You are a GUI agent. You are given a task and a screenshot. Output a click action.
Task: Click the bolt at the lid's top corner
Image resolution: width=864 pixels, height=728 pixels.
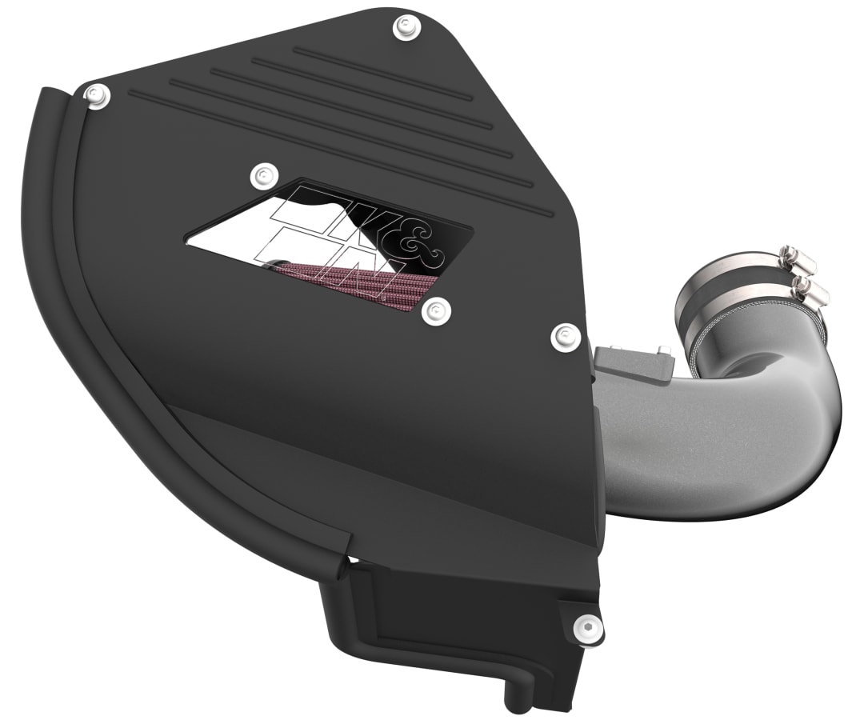pos(403,28)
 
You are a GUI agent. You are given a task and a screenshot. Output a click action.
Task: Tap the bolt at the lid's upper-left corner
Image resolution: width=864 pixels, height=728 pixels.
pos(98,94)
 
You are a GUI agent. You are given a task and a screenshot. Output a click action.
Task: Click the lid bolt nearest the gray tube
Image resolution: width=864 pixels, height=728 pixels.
pos(565,336)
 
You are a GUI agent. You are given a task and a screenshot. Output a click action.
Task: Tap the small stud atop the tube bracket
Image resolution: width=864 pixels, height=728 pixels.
pos(663,350)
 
